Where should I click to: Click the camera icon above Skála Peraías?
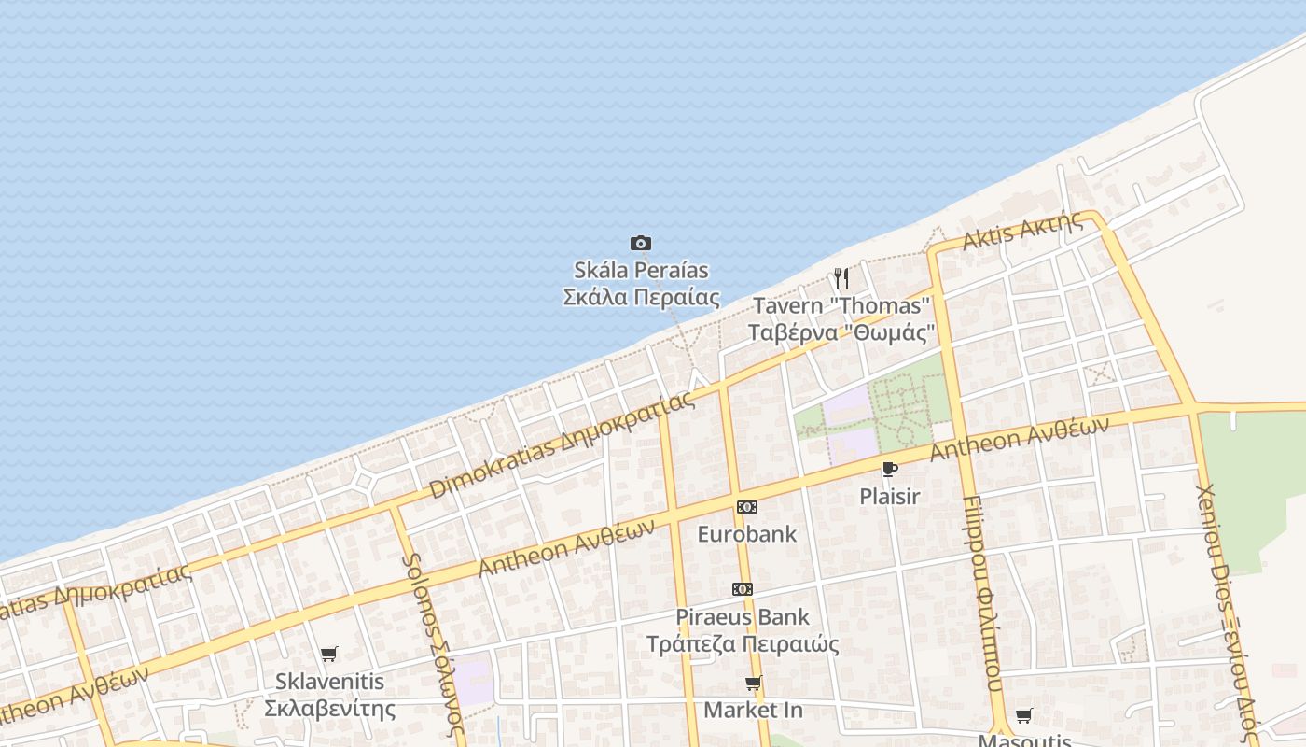coord(640,244)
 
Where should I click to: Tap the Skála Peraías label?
coord(641,284)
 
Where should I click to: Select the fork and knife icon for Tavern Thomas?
coord(841,277)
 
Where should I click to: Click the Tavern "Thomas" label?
coord(841,318)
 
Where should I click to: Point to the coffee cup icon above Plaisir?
coord(889,469)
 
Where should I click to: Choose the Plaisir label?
coord(889,497)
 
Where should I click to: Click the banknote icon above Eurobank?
coord(746,507)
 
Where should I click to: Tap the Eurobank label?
coord(747,534)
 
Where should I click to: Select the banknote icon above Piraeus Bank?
coord(743,589)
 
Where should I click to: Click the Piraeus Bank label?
coord(743,630)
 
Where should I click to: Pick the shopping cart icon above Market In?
coord(753,683)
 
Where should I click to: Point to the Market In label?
coord(753,710)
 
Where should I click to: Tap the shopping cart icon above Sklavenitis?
coord(328,654)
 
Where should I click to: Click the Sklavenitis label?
coord(329,694)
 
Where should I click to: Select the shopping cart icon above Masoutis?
coord(1023,716)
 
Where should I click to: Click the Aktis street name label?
coord(1022,230)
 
